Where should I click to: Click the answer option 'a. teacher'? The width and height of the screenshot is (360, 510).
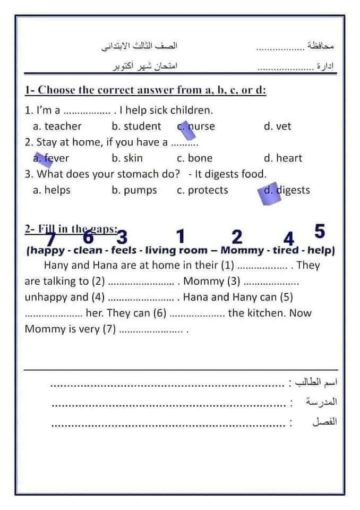coord(57,126)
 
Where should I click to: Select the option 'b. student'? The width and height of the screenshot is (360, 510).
coord(136,126)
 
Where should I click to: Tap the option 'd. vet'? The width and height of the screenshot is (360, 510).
coord(277,126)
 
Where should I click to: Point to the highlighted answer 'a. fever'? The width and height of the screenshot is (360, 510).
coord(51,158)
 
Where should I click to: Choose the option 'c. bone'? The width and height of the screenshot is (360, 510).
coord(194,158)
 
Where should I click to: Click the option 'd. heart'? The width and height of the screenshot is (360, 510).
coord(282,158)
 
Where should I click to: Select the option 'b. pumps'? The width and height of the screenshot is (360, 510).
coord(134,190)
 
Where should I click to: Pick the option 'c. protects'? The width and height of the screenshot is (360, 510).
coord(202,190)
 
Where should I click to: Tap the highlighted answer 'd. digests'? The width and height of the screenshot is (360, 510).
coord(287,190)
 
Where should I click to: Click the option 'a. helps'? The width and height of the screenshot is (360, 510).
coord(52,190)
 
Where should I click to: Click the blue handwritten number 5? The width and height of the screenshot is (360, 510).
coord(319,231)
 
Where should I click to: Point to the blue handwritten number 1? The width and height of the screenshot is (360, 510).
coord(181,235)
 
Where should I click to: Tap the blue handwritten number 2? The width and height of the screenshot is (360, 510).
coord(237,236)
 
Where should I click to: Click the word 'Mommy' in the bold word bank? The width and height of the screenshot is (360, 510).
coord(242,250)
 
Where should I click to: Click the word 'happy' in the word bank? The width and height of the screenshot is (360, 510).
coord(48,250)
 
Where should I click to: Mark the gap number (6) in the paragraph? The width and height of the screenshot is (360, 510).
coord(160,313)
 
